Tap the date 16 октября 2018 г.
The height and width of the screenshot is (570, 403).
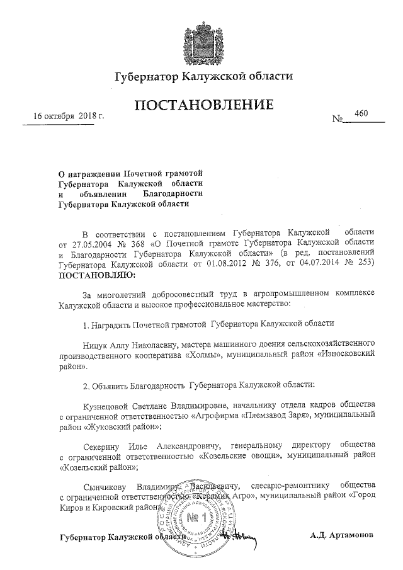point(69,117)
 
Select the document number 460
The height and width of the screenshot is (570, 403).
point(361,113)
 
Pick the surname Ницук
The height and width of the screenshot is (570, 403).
point(96,346)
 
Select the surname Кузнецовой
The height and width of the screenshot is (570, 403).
point(110,404)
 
